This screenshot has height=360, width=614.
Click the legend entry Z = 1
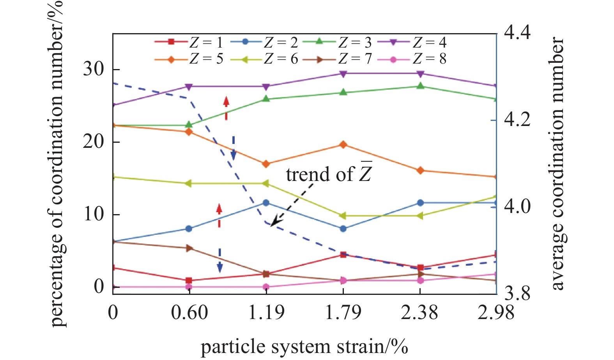coord(188,42)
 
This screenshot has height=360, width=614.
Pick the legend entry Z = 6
coord(263,59)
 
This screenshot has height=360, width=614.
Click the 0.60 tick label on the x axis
coord(189,313)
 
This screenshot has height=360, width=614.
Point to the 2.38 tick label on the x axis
coord(420,313)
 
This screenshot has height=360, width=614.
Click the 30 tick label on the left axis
coord(94,69)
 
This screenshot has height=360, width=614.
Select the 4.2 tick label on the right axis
coord(517,119)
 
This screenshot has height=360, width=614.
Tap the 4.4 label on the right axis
coord(517,33)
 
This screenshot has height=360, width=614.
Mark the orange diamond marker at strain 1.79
coord(343,145)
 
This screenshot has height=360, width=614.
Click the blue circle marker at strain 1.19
coord(266,203)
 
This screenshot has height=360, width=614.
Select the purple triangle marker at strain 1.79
coord(343,74)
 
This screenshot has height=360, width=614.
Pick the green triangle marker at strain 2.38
coord(420,86)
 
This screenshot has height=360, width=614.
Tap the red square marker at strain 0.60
coord(189,280)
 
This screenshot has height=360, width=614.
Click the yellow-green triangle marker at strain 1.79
coord(343,216)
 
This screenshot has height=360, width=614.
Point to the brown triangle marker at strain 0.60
coord(189,248)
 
